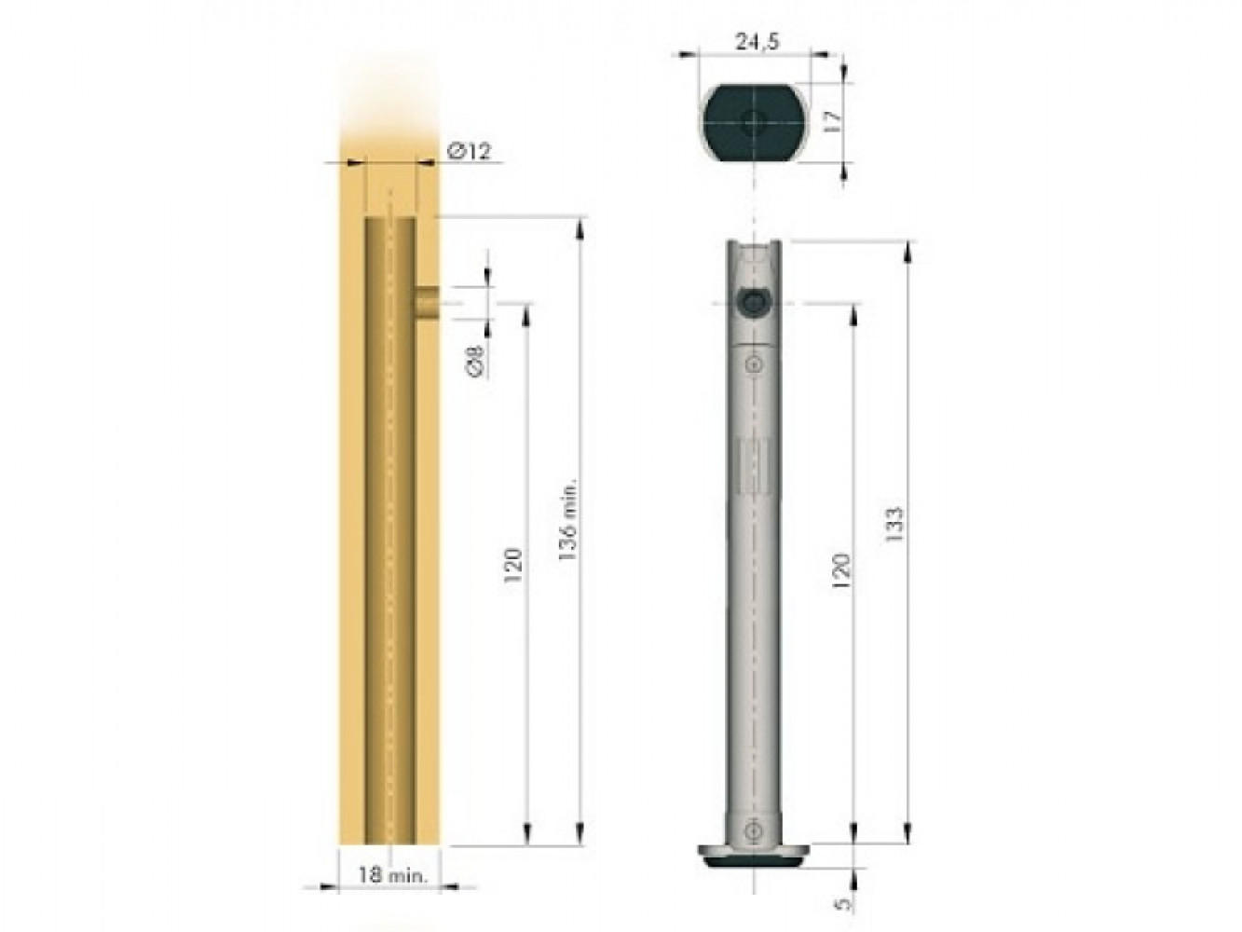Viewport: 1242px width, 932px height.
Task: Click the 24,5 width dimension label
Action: pyautogui.click(x=757, y=43)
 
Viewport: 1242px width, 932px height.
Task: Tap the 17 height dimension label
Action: pyautogui.click(x=831, y=120)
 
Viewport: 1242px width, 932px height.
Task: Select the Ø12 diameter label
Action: pyautogui.click(x=469, y=151)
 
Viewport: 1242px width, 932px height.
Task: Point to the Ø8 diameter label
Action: pyautogui.click(x=476, y=361)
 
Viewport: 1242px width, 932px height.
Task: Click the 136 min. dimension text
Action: pyautogui.click(x=566, y=520)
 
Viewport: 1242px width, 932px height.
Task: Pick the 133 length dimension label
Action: pyautogui.click(x=894, y=525)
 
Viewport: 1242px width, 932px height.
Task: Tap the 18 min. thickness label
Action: pyautogui.click(x=391, y=875)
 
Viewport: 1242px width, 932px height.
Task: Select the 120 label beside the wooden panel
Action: pyautogui.click(x=512, y=564)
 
